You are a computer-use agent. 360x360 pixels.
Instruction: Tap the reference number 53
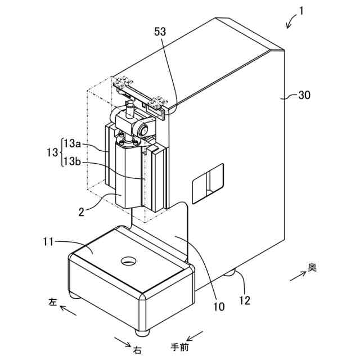[160, 32]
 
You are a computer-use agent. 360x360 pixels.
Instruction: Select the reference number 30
[304, 96]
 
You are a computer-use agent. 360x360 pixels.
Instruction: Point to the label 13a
[73, 143]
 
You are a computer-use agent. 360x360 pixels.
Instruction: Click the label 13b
[73, 161]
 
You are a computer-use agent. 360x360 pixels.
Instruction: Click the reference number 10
[219, 307]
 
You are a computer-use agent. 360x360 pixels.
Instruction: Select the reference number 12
[245, 300]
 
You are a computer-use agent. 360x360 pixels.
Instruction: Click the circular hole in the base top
[129, 261]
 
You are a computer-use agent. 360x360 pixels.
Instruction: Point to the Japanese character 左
[52, 302]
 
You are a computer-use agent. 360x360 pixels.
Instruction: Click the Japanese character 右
[137, 350]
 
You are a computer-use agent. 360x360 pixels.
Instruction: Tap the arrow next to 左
[67, 309]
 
